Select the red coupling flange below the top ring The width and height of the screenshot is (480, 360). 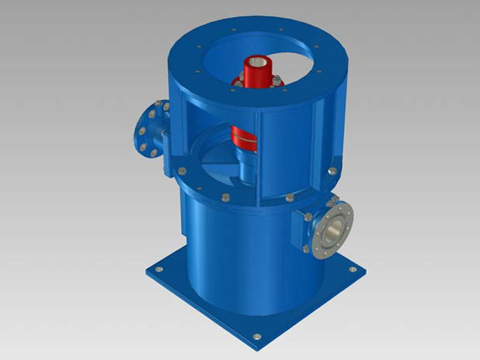click(256, 83)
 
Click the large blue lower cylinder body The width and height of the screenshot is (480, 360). click(226, 254)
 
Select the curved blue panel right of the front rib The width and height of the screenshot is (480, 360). click(288, 147)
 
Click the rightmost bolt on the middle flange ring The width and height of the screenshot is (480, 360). click(332, 170)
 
